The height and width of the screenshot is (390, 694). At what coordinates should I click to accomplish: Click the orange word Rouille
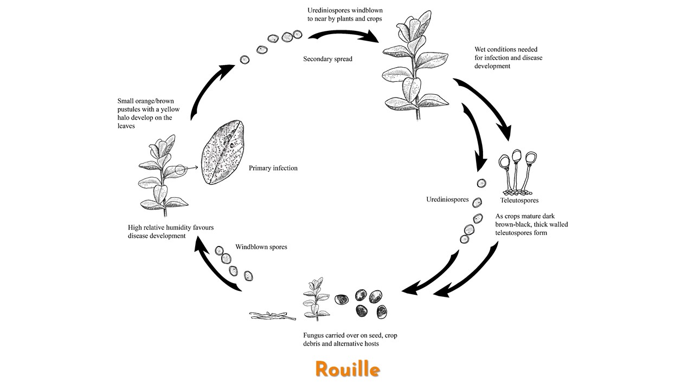pyautogui.click(x=347, y=369)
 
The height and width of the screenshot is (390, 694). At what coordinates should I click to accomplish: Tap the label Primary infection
pyautogui.click(x=273, y=168)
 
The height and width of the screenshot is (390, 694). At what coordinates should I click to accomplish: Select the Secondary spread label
pyautogui.click(x=327, y=58)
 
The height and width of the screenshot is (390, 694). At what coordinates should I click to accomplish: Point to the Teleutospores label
pyautogui.click(x=519, y=200)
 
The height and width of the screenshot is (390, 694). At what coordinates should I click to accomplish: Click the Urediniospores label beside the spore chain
pyautogui.click(x=447, y=199)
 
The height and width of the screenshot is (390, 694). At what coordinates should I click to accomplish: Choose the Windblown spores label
pyautogui.click(x=261, y=247)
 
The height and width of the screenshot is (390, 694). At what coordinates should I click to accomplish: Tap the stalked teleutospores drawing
pyautogui.click(x=518, y=173)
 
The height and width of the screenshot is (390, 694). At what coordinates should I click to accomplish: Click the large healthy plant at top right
pyautogui.click(x=412, y=65)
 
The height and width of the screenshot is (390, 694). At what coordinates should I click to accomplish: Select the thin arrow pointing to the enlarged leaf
pyautogui.click(x=190, y=168)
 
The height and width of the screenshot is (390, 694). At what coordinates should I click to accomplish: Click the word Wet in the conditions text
pyautogui.click(x=481, y=49)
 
